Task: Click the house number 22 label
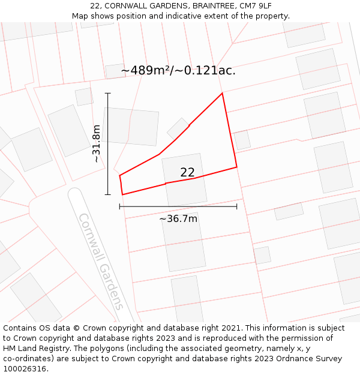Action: [187, 172]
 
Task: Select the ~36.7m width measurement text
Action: [178, 219]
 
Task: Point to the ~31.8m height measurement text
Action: [97, 143]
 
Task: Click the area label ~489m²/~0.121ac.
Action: [178, 71]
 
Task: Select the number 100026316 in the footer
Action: [23, 368]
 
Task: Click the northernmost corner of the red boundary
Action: [222, 93]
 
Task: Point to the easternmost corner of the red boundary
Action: [236, 167]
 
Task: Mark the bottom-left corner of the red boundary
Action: [122, 194]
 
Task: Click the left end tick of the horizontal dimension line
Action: [120, 206]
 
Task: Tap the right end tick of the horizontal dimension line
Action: [236, 206]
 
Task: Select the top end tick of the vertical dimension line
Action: [108, 93]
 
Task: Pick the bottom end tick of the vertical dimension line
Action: [108, 194]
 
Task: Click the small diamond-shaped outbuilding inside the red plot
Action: [178, 128]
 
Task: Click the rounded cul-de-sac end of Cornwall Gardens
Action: [74, 194]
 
